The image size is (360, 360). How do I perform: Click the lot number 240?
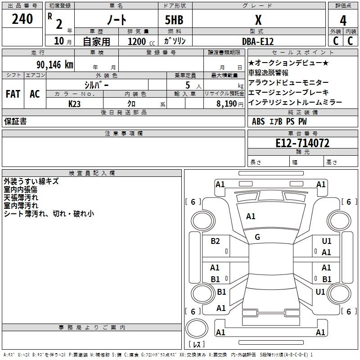pos(22,19)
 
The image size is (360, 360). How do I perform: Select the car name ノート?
pos(116,20)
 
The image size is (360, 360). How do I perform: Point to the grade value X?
pos(258,20)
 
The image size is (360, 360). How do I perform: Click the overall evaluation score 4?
pos(343,20)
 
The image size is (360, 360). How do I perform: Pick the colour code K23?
pos(75,103)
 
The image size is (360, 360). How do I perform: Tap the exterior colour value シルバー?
pos(97,85)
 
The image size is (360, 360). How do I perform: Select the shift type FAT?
pos(13,94)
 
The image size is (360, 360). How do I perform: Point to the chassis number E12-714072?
pos(302,143)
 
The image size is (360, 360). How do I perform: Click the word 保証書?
pos(15,121)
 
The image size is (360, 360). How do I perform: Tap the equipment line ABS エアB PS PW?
pos(279,121)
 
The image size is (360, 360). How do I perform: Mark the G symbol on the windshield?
pos(257,237)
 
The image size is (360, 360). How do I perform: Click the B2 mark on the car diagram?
pos(216,241)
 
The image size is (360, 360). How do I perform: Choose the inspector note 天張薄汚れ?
pos(21,198)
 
